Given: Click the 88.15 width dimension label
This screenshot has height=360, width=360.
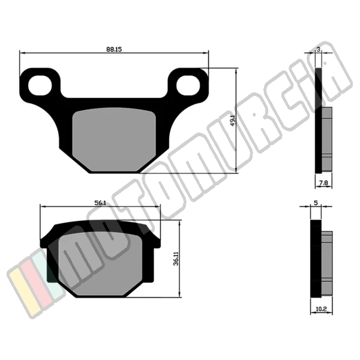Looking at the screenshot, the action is pyautogui.click(x=114, y=49).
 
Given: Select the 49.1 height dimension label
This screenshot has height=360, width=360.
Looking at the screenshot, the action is pyautogui.click(x=233, y=120).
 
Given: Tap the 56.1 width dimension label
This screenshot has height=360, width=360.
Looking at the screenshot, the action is pyautogui.click(x=100, y=203).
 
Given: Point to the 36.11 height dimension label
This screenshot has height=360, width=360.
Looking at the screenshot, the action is pyautogui.click(x=176, y=259).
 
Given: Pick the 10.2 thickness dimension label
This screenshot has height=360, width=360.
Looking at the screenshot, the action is pyautogui.click(x=321, y=309).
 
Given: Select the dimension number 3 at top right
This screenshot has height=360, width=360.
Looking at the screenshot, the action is pyautogui.click(x=318, y=49).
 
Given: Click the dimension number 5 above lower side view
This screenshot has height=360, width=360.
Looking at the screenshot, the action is pyautogui.click(x=316, y=203).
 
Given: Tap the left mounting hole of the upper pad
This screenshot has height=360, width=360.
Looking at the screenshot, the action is pyautogui.click(x=40, y=85).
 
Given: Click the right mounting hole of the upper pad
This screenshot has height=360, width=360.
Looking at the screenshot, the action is pyautogui.click(x=188, y=85).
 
